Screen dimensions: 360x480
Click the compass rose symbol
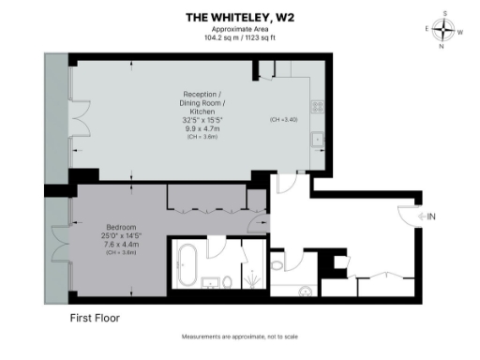[x=445, y=29]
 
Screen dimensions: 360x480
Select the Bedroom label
[x=122, y=227]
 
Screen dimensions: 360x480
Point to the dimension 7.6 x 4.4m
[x=122, y=245]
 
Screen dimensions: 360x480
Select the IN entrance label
[x=431, y=217]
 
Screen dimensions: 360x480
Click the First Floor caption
[x=95, y=318]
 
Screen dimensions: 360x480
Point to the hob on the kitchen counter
[x=317, y=104]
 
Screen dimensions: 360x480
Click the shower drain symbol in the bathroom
[x=251, y=277]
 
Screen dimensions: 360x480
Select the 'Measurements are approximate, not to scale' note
[x=239, y=337]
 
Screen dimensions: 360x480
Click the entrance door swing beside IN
[x=410, y=218]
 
